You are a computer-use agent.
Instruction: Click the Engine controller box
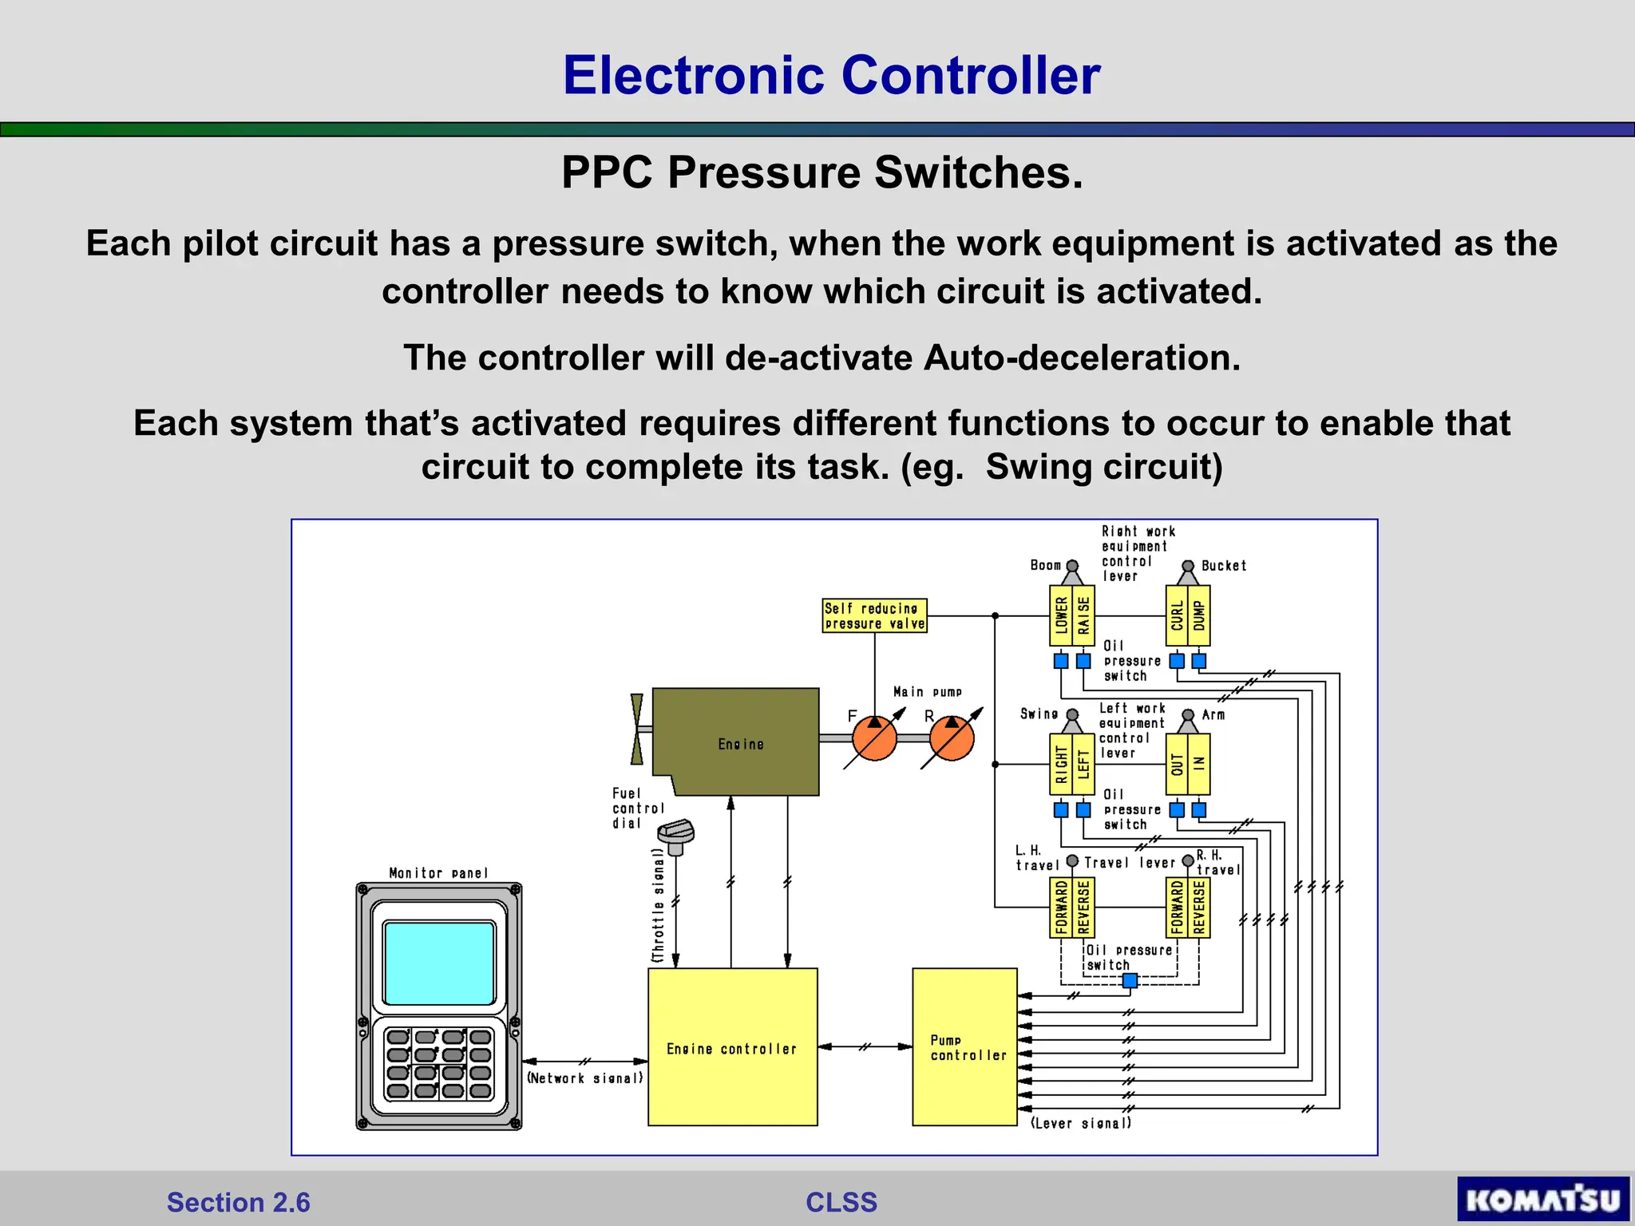tap(732, 1046)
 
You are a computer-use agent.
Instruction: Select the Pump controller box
tap(964, 1046)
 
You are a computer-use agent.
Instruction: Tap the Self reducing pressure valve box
tap(874, 615)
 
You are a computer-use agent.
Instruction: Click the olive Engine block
tap(736, 742)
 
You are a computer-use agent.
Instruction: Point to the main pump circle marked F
tap(874, 738)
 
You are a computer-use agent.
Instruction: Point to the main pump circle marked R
tap(952, 738)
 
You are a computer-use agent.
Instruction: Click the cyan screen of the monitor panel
tap(439, 963)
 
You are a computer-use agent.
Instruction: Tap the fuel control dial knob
tap(675, 833)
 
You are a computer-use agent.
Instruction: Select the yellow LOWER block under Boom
tap(1061, 615)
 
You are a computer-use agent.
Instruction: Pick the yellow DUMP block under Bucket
tap(1199, 615)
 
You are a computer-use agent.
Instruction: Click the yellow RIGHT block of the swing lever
tap(1061, 765)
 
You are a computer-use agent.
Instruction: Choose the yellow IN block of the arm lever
tap(1199, 765)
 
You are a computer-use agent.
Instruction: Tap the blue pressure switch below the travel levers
tap(1130, 980)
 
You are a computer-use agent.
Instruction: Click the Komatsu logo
tap(1542, 1199)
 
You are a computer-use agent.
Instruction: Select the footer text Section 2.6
tap(238, 1202)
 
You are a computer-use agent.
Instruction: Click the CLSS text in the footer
tap(841, 1202)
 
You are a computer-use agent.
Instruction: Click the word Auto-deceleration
tap(1081, 358)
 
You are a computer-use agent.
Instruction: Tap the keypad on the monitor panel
tap(439, 1064)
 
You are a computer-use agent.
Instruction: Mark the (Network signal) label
tap(585, 1078)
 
